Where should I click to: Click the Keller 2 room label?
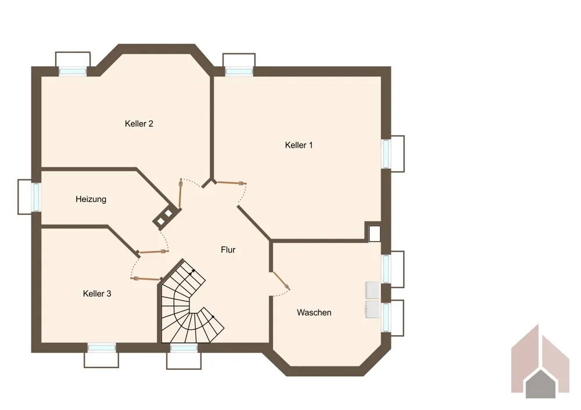[x=139, y=124]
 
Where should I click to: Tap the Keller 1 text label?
[x=299, y=145]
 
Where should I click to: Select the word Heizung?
[x=91, y=199]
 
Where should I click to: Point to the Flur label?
[x=228, y=250]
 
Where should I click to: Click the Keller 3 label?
[x=97, y=294]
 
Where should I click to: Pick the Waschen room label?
[x=314, y=312]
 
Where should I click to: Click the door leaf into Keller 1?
[x=231, y=182]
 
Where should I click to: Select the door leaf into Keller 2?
[x=180, y=194]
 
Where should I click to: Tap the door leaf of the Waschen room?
[x=282, y=280]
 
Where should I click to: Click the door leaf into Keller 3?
[x=146, y=279]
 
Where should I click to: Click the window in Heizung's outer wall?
[x=36, y=197]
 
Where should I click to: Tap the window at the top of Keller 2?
[x=73, y=71]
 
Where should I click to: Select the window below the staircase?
[x=184, y=348]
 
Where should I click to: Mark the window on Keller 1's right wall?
[x=386, y=154]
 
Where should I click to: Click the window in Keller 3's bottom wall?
[x=102, y=348]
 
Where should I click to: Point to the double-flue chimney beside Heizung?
[x=165, y=217]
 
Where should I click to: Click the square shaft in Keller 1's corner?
[x=375, y=233]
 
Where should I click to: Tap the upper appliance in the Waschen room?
[x=373, y=290]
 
